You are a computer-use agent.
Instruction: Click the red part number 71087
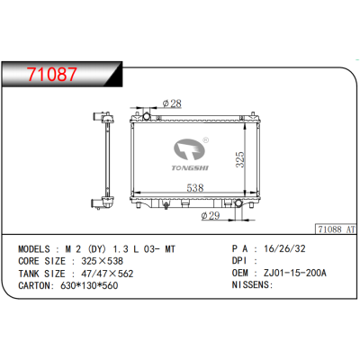tap(52, 75)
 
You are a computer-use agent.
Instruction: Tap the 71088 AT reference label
tap(337, 229)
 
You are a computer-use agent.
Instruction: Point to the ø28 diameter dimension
tap(172, 103)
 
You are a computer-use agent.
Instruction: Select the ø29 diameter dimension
tap(211, 215)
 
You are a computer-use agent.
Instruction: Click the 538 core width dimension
tap(195, 188)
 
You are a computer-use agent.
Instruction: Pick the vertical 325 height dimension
tap(240, 159)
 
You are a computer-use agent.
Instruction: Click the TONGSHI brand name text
tap(190, 168)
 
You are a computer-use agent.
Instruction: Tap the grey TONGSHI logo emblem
tap(189, 149)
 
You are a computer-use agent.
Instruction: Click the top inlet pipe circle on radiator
tap(147, 116)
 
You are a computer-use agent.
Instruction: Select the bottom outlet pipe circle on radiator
tap(238, 203)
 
